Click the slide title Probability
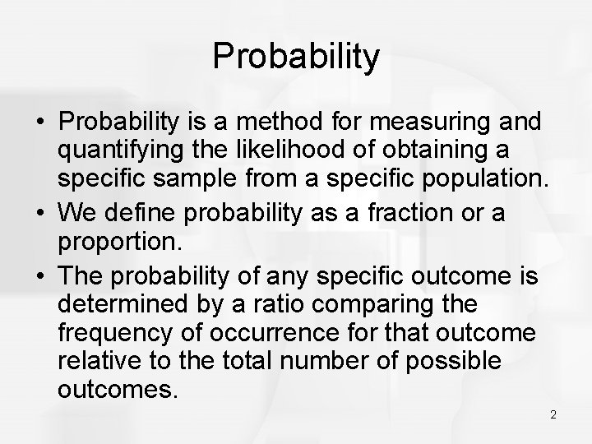click(x=296, y=58)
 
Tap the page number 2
click(x=553, y=414)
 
